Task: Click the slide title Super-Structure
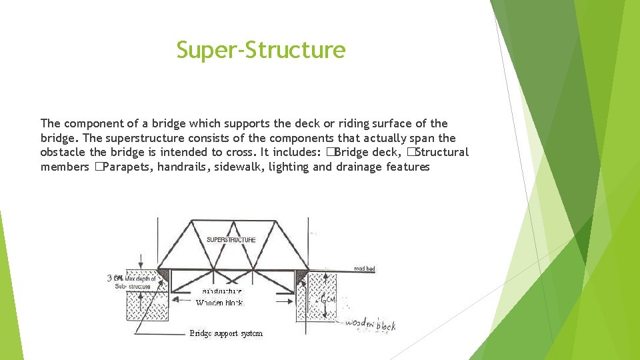click(x=261, y=50)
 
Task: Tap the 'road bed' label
click(x=364, y=269)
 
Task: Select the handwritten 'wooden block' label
click(x=370, y=325)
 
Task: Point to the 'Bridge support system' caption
click(x=226, y=333)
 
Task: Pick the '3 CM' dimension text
click(x=115, y=277)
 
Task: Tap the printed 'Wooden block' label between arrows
click(x=219, y=303)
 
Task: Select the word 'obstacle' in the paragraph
click(x=63, y=152)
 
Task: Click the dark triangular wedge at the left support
click(x=163, y=274)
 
